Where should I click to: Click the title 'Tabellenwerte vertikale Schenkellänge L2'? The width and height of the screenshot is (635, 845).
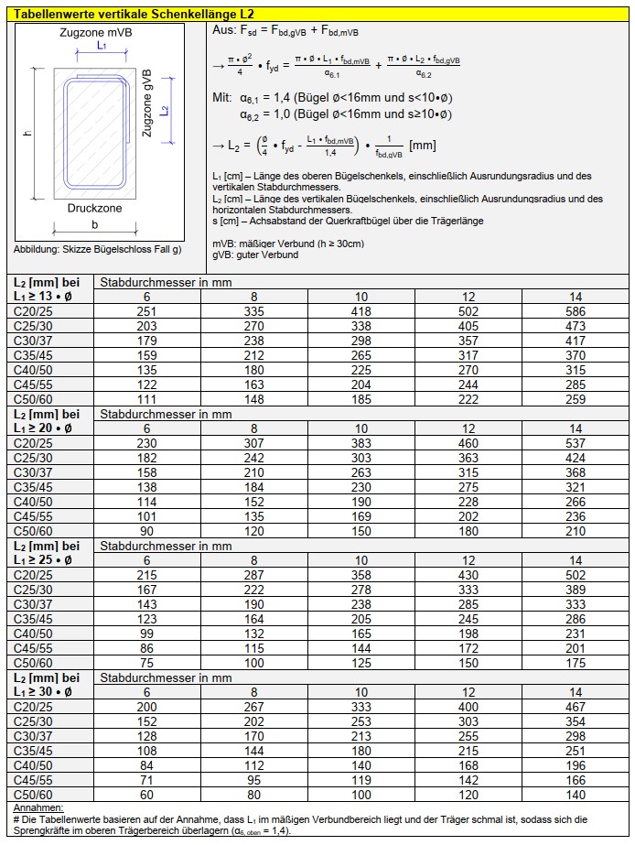(135, 15)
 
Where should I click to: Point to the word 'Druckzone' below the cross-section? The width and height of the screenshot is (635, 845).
(94, 208)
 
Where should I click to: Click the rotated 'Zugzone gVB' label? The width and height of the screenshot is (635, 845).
(147, 103)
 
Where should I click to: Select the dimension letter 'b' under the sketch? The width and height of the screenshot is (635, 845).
(95, 224)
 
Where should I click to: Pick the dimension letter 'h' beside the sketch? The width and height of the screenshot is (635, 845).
(27, 134)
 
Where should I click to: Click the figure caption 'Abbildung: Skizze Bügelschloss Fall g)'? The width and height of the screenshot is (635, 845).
(97, 249)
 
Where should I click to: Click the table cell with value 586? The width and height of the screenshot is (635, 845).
(575, 312)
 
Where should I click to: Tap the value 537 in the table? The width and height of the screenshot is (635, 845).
(575, 444)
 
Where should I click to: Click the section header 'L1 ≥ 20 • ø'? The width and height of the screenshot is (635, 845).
(43, 428)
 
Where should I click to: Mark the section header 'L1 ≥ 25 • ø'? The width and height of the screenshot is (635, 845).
(43, 559)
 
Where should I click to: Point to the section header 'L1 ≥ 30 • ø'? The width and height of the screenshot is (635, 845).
(43, 691)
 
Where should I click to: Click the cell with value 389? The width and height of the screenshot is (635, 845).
(575, 590)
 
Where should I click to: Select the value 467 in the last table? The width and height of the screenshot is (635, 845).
(575, 707)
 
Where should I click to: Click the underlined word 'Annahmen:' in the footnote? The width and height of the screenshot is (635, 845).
(38, 808)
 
